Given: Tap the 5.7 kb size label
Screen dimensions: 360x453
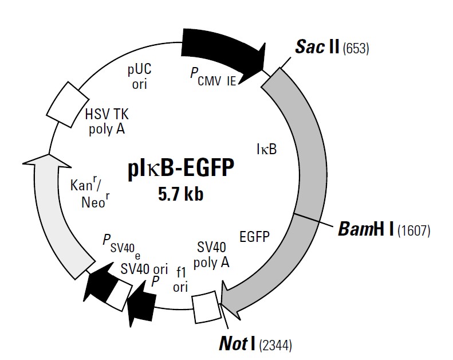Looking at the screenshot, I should (181, 194).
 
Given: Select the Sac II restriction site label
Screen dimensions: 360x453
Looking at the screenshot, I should (317, 47).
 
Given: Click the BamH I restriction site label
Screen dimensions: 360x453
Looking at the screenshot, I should (364, 230).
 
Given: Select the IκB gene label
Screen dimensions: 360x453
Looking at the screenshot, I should (266, 150).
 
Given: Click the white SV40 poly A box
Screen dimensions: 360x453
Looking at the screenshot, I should (204, 306).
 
